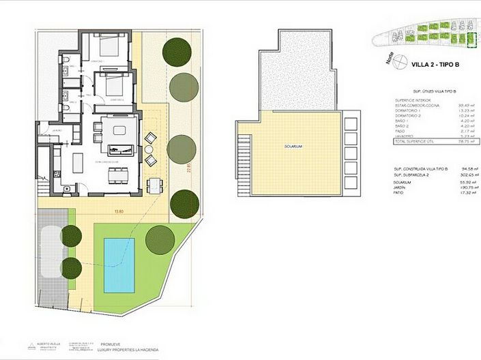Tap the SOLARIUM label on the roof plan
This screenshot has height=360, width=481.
294,147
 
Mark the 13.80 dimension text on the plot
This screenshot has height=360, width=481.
119,212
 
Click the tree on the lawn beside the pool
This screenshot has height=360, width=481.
160,239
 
